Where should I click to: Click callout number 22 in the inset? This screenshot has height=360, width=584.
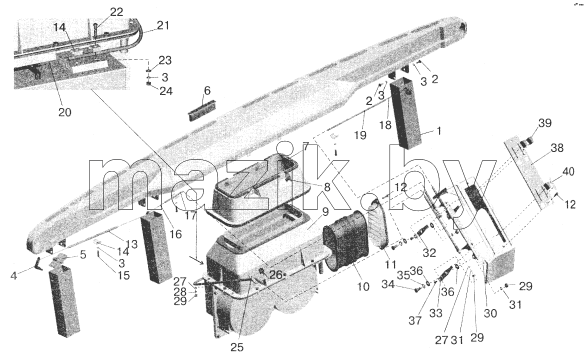pyautogui.click(x=116, y=12)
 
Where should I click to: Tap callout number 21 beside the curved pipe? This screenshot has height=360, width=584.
pyautogui.click(x=163, y=25)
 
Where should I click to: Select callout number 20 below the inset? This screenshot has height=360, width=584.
pyautogui.click(x=64, y=111)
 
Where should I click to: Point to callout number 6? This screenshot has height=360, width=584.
pyautogui.click(x=207, y=90)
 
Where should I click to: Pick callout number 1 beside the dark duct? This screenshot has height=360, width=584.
pyautogui.click(x=438, y=130)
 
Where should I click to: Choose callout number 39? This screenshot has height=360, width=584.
pyautogui.click(x=545, y=123)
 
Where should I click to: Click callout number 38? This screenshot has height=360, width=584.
pyautogui.click(x=557, y=148)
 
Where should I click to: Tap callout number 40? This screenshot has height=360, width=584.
pyautogui.click(x=568, y=172)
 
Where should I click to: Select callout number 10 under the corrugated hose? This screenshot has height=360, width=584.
pyautogui.click(x=363, y=286)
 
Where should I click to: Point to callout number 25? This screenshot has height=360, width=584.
pyautogui.click(x=237, y=347)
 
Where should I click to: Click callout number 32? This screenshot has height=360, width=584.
pyautogui.click(x=429, y=253)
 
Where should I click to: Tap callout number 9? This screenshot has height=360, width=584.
pyautogui.click(x=325, y=212)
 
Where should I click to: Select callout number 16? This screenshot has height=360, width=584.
pyautogui.click(x=175, y=234)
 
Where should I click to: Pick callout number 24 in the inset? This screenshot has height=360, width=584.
pyautogui.click(x=166, y=91)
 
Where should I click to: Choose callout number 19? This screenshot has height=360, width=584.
pyautogui.click(x=360, y=135)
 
